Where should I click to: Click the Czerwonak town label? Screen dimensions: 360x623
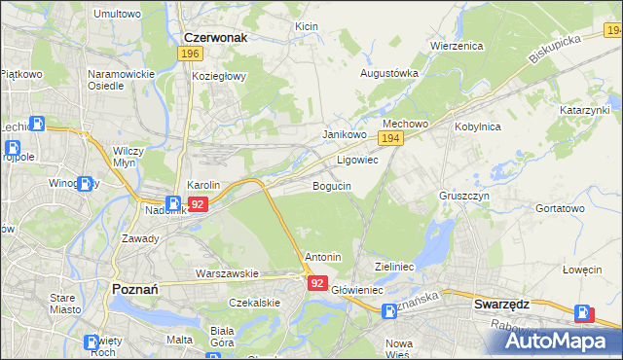[215, 37]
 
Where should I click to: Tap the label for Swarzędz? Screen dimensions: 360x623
[501, 304]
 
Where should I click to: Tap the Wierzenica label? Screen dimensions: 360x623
[458, 46]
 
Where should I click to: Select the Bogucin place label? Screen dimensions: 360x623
[332, 186]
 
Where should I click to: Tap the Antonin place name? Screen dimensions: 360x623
[323, 257]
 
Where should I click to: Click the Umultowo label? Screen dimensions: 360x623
[117, 15]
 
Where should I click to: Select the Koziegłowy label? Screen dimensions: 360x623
[220, 76]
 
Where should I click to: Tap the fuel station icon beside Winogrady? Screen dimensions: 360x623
[86, 182]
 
